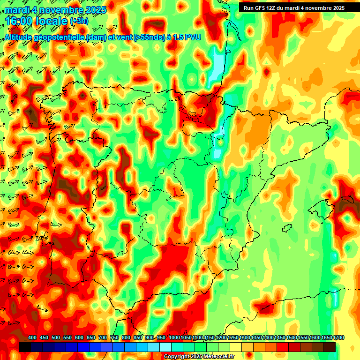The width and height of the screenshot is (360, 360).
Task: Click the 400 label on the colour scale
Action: click(x=32, y=337)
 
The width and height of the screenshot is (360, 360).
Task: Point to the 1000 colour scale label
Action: click(x=174, y=337)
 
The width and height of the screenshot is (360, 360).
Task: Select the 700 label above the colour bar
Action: click(x=103, y=337)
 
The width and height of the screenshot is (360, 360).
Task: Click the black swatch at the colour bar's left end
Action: click(x=25, y=347)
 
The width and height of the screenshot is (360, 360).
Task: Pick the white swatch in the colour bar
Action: click(x=165, y=347)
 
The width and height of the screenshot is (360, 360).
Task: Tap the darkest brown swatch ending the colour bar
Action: click(x=330, y=347)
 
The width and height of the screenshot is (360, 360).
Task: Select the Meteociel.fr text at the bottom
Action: click(x=217, y=356)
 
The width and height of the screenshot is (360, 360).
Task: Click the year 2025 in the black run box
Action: click(x=337, y=7)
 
